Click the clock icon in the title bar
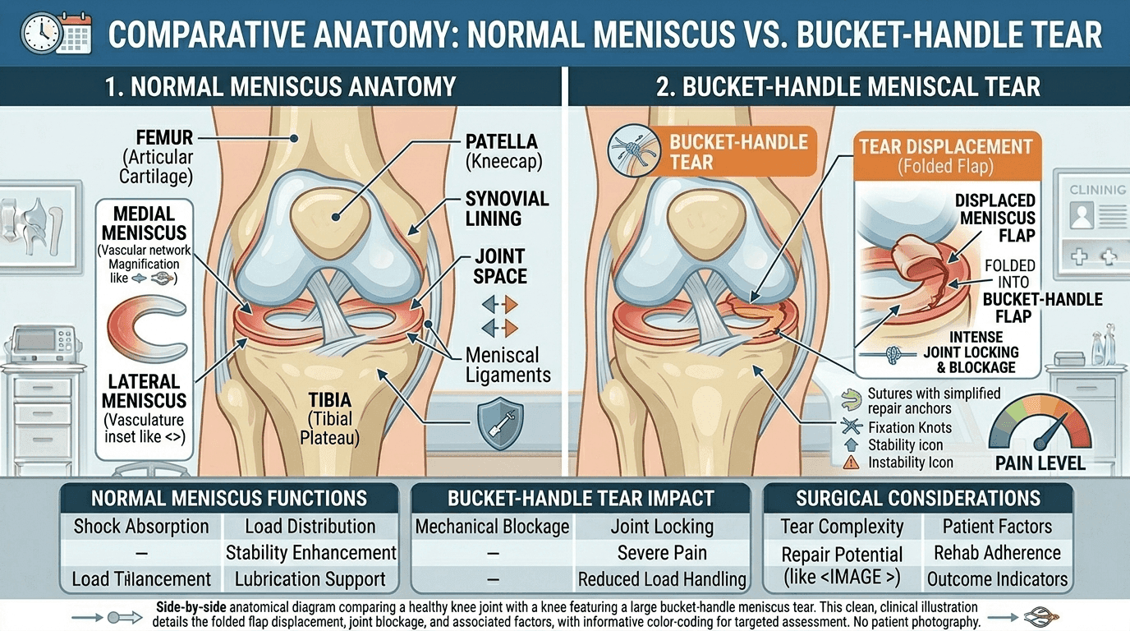41,34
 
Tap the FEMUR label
164,137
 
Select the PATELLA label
501,141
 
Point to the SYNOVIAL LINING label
507,209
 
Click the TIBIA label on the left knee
329,400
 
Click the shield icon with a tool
500,422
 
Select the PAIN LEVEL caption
1040,463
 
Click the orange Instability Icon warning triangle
851,463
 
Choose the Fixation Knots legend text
910,427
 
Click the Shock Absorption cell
141,527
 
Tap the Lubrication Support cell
310,579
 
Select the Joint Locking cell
662,527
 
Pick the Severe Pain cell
662,553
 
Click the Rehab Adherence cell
997,553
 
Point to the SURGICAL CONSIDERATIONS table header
918,498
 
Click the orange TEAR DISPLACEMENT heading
946,147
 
